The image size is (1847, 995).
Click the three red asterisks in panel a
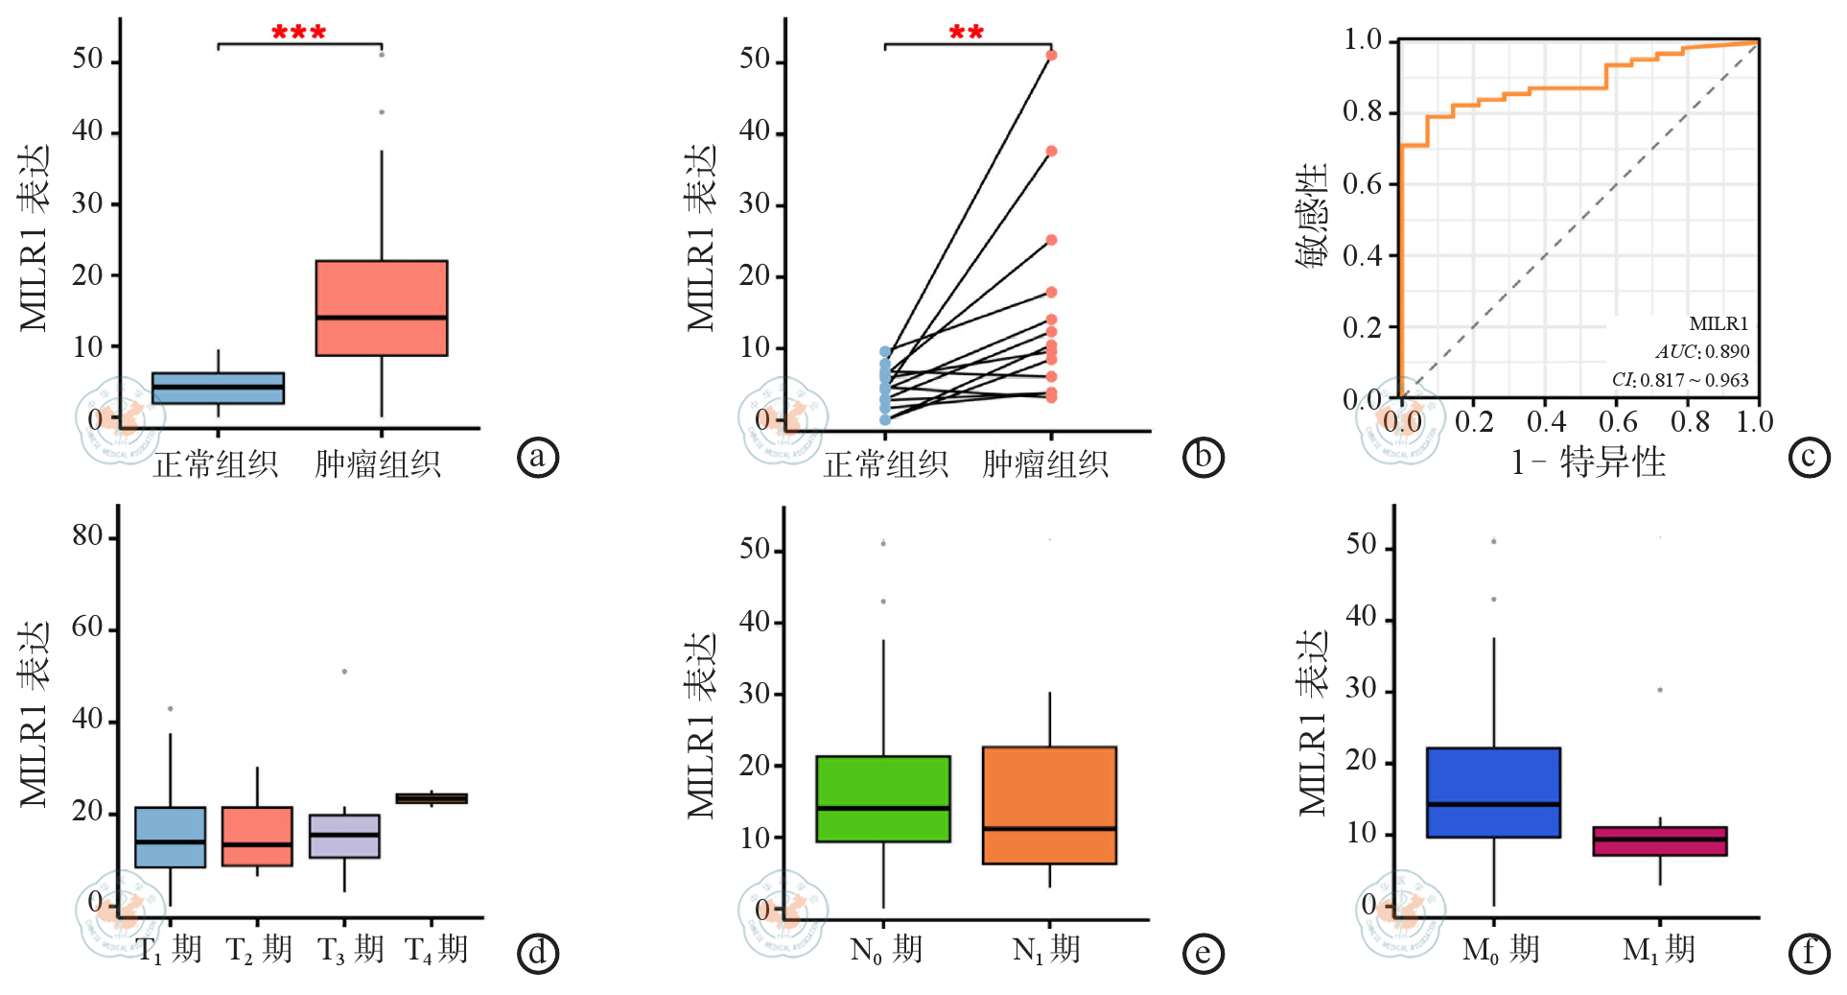click(298, 34)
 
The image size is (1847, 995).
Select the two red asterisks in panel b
click(966, 34)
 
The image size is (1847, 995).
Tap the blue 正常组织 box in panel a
click(218, 388)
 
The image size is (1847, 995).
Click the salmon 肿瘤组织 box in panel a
click(382, 307)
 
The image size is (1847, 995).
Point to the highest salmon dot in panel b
click(1051, 56)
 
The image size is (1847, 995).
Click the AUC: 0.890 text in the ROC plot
click(1702, 351)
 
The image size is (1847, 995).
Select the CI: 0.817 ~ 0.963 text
click(1680, 380)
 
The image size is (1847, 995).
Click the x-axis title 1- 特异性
click(1588, 462)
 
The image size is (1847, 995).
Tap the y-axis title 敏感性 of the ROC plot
click(1312, 216)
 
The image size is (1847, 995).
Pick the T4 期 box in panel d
click(432, 798)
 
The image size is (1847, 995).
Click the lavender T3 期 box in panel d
click(344, 836)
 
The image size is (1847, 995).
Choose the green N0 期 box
click(883, 798)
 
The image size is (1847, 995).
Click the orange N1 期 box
click(1049, 805)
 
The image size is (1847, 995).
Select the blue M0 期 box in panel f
click(1493, 793)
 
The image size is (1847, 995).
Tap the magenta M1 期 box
click(1660, 841)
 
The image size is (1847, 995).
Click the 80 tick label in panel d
click(87, 535)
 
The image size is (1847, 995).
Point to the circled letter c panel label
click(1809, 457)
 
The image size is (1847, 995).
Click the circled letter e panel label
click(1204, 953)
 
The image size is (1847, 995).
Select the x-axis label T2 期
click(259, 950)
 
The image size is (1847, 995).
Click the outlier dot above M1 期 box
click(1660, 690)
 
